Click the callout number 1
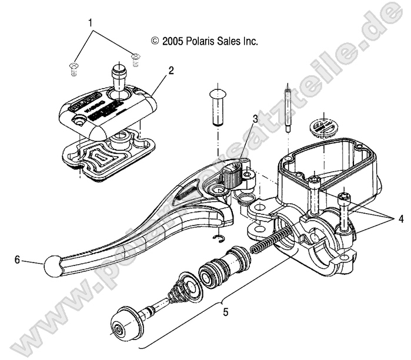pyautogui.click(x=90, y=23)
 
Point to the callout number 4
pyautogui.click(x=400, y=218)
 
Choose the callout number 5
pyautogui.click(x=225, y=312)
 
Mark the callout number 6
pyautogui.click(x=18, y=259)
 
